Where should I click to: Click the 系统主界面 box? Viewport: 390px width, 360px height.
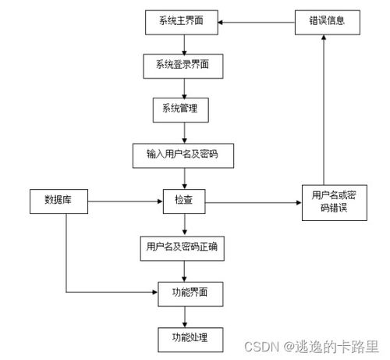(184, 23)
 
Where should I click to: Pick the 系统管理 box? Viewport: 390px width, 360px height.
(184, 109)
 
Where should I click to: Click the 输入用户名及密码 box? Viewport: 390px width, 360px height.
(184, 155)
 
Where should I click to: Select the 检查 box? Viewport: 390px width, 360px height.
(184, 201)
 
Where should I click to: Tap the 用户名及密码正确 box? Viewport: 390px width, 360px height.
(184, 247)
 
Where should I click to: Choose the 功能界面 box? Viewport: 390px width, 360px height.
(184, 294)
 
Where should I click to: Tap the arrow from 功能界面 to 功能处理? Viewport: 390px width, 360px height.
(184, 316)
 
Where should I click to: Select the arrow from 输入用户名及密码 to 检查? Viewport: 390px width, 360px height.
(184, 177)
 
